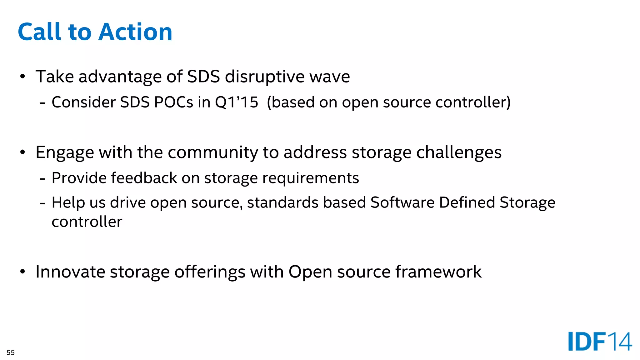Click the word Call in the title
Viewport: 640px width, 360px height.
pos(39,32)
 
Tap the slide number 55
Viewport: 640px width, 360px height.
pos(11,352)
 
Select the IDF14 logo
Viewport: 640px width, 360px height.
pos(600,341)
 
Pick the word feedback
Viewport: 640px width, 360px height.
pos(144,178)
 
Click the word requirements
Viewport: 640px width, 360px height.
pos(311,178)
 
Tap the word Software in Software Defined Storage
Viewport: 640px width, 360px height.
pos(402,202)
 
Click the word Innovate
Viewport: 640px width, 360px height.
pos(70,272)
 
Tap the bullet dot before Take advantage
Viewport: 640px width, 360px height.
pos(22,77)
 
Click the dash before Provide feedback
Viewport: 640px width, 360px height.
pos(43,179)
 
